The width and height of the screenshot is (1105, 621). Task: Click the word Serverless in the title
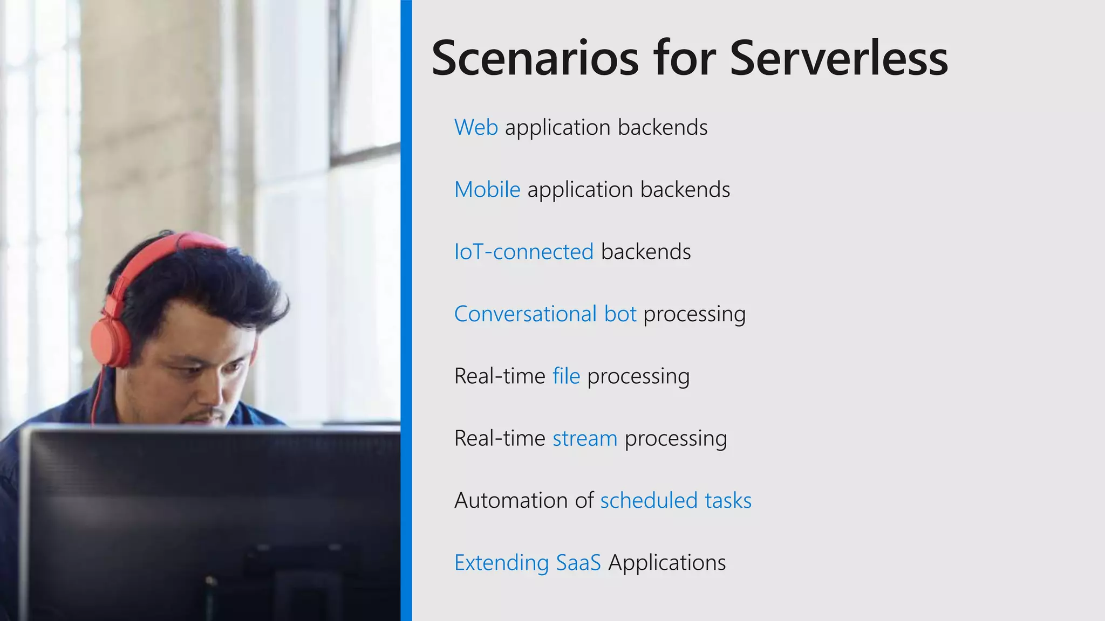point(838,58)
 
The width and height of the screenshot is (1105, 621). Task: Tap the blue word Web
point(476,128)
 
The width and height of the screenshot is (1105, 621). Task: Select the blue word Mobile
point(487,190)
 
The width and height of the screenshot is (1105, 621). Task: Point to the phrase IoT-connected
point(523,252)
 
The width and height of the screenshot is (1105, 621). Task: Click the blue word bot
point(620,314)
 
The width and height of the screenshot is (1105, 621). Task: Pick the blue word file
point(566,376)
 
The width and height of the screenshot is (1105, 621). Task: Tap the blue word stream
point(584,438)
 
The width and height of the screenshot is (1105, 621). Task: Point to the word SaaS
point(578,563)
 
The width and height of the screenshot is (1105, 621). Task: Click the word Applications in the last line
point(667,563)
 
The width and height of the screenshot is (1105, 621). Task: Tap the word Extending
point(501,563)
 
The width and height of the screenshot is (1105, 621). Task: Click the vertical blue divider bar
point(406,310)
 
